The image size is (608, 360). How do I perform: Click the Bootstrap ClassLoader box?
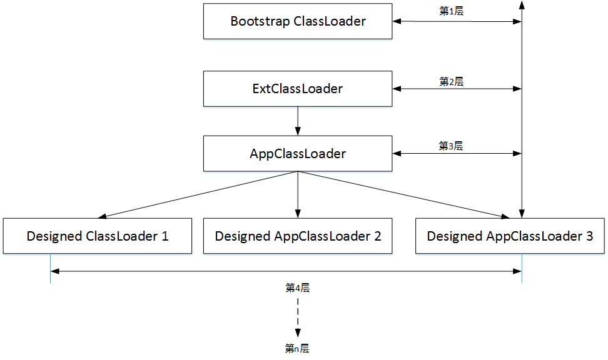(x=298, y=21)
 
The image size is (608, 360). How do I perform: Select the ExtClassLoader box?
(x=298, y=89)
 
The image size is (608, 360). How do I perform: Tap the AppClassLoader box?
(x=298, y=154)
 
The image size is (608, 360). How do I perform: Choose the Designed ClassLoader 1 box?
(x=97, y=236)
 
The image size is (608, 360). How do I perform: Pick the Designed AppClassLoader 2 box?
(x=298, y=236)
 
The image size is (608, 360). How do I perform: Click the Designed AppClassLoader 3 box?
(x=510, y=236)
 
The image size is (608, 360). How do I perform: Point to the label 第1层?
(x=451, y=12)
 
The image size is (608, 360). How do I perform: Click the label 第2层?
(x=451, y=81)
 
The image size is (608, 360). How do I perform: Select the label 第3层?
(x=451, y=146)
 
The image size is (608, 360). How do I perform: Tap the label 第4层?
(x=298, y=288)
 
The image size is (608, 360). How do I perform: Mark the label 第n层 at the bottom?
(x=298, y=348)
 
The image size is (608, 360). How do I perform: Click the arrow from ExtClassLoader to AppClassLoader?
(x=298, y=121)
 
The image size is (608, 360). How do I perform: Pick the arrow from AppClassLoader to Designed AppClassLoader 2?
(x=298, y=194)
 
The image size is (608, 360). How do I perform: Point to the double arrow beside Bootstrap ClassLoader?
(x=457, y=22)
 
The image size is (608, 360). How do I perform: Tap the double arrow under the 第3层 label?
(x=457, y=154)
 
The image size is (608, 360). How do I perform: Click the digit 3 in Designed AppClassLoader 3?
(x=589, y=236)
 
